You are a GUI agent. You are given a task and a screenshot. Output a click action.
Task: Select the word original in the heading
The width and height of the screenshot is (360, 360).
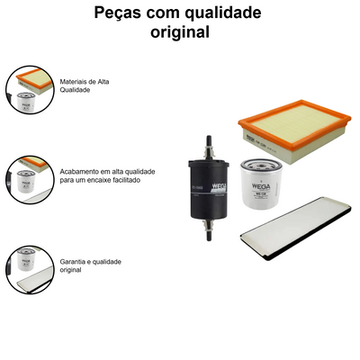179,32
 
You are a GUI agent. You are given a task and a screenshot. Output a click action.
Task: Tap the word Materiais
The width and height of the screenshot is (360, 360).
76,81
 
